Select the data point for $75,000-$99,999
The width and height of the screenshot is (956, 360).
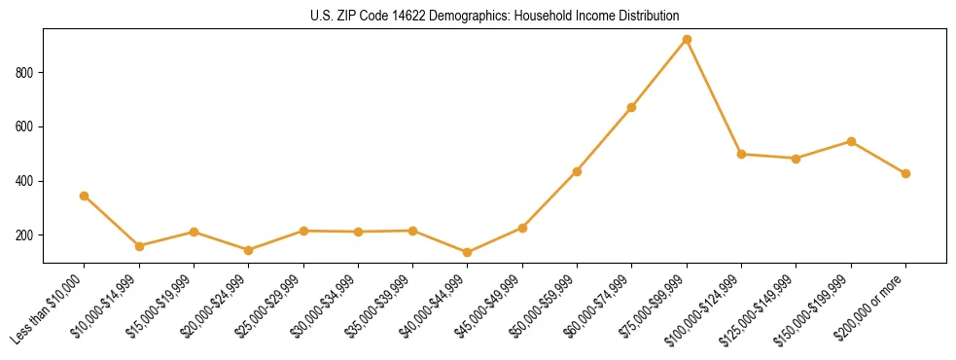[x=687, y=39]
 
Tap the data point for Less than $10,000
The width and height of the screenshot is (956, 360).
[x=84, y=196]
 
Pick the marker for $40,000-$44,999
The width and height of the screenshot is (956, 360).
[x=468, y=253]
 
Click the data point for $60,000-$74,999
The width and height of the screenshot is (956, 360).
[x=632, y=107]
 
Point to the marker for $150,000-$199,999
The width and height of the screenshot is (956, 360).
[x=851, y=141]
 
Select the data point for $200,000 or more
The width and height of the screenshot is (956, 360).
[x=905, y=173]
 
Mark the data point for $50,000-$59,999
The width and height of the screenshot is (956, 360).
[x=577, y=171]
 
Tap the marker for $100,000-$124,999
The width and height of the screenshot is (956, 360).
[x=741, y=154]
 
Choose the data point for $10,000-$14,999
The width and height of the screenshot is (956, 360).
[x=139, y=246]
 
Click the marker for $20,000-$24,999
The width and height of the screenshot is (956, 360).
[x=248, y=250]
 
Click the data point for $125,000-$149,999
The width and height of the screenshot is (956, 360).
[x=797, y=158]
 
